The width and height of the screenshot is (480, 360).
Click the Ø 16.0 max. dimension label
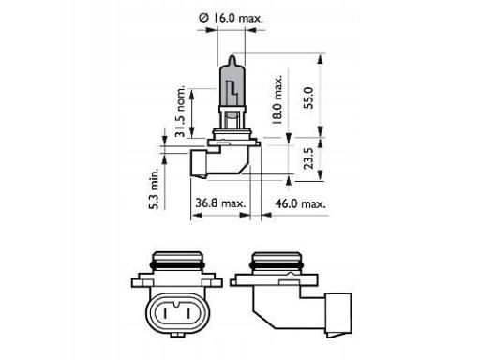232,18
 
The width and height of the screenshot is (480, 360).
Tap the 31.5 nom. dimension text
181,112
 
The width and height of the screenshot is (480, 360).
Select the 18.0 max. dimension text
277,99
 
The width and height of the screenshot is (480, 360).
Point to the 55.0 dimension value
308,97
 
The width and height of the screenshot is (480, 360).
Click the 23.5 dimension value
308,158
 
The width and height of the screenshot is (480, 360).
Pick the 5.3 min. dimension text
154,188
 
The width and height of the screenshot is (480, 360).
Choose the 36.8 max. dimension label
220,203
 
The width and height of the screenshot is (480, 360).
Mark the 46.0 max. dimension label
300,203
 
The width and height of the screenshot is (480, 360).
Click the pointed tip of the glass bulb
232,55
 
